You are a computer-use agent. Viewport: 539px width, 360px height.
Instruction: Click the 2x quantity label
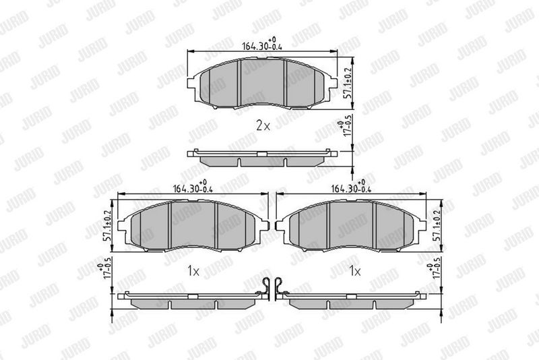click(x=263, y=126)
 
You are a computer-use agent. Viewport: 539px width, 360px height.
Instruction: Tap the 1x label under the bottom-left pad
click(x=193, y=272)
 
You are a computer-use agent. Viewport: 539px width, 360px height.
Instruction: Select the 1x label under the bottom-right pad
click(x=355, y=272)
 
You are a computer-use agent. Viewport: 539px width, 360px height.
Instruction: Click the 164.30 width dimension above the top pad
click(x=262, y=44)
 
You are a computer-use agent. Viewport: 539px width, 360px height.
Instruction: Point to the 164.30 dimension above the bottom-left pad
click(x=193, y=187)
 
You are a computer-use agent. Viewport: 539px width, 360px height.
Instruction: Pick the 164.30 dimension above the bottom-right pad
click(x=351, y=187)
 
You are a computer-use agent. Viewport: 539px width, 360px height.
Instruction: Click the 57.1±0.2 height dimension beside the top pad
click(x=349, y=83)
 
